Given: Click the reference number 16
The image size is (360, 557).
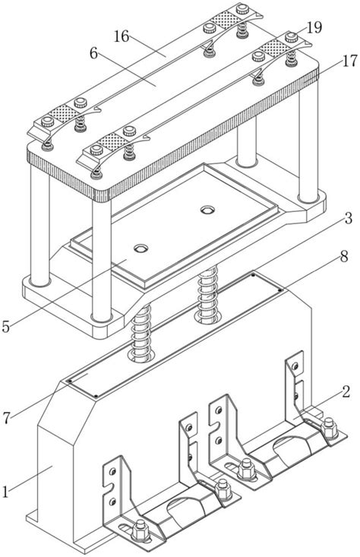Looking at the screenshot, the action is pos(122,36).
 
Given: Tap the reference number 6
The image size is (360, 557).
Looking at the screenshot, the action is pos(93,53).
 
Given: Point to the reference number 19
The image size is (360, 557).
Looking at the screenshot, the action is pos(314,27).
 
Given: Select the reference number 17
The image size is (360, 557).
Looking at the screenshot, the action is pos(349,61).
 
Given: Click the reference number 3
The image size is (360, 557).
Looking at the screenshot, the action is pos(348,218).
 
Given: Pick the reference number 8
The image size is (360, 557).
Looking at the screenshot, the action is pos(343,257).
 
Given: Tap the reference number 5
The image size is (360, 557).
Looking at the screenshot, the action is pos(5,327).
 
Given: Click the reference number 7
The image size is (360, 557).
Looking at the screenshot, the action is pos(6,418).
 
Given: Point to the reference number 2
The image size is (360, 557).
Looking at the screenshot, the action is pos(346,392).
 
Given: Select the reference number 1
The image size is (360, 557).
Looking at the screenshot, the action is pos(5,492).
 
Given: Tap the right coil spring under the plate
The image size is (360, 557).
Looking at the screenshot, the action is pos(207,296).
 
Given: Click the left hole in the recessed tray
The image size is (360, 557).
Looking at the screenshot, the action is pos(141,248).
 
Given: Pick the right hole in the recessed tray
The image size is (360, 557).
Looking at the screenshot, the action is pos(207,210).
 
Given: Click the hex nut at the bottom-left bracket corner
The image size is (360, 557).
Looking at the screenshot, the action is pos(140,530).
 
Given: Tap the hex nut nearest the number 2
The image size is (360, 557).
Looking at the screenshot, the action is pos(329,428).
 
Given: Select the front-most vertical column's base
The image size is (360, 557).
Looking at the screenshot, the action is pos(101,317).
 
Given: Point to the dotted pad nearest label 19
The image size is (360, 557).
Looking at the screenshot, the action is pos(273,48).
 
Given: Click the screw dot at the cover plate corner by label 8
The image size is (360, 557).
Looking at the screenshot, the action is pos(279,290).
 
